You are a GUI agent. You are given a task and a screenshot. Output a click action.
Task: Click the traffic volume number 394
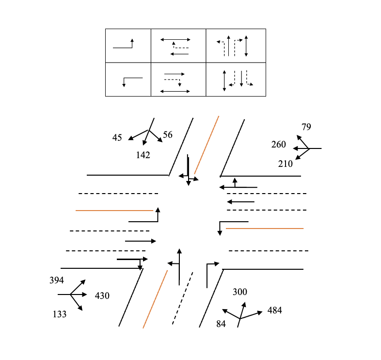click(57, 280)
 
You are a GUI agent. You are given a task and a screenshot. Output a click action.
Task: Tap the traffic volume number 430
click(102, 295)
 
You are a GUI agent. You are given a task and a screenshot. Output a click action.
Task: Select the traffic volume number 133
click(60, 314)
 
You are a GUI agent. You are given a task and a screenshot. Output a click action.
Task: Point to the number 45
click(117, 138)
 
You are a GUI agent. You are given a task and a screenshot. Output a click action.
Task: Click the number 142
click(143, 155)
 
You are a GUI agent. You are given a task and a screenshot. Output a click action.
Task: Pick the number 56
click(168, 135)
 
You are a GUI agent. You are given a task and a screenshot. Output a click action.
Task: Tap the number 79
click(306, 127)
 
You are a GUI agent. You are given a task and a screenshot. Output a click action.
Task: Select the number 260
click(279, 145)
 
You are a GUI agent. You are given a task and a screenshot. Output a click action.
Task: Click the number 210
click(286, 164)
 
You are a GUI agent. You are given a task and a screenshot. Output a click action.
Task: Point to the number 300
click(240, 292)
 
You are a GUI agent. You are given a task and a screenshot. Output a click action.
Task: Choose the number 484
click(274, 311)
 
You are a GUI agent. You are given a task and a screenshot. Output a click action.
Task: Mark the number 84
click(221, 324)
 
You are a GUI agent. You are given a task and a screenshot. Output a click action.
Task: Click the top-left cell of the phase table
click(128, 46)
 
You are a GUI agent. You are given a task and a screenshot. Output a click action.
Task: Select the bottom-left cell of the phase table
click(128, 80)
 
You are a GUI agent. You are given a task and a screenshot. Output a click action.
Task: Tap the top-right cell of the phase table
click(236, 46)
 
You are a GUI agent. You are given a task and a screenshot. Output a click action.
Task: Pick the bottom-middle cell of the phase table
click(178, 80)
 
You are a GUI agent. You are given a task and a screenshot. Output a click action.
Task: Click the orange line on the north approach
click(206, 145)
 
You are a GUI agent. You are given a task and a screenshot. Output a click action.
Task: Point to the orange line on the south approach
click(155, 299)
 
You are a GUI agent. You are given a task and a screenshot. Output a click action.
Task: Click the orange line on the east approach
click(265, 228)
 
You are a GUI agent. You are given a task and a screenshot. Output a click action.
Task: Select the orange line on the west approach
click(114, 211)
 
